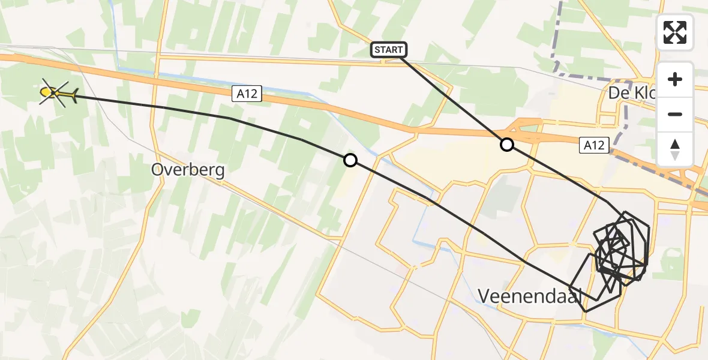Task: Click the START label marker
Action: tap(389, 50)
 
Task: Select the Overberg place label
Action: tap(188, 170)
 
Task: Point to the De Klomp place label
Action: tap(630, 93)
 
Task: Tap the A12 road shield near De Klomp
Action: tap(595, 145)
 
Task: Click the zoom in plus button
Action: tap(675, 79)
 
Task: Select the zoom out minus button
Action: tap(675, 114)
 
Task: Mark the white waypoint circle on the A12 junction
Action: tap(507, 145)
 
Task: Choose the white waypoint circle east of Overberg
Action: tap(350, 160)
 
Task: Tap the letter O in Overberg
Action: tap(158, 170)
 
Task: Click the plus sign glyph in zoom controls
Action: tap(675, 79)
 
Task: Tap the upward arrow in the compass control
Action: tap(675, 144)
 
